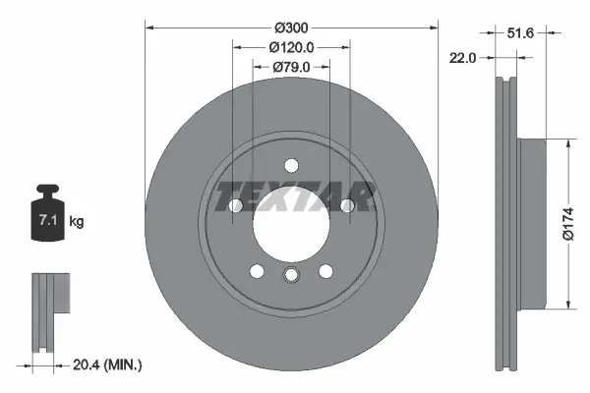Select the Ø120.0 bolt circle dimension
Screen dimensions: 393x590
tap(290, 46)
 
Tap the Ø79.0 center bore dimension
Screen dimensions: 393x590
tap(290, 67)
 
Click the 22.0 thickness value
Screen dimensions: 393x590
tap(462, 58)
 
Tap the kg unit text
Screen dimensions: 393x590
tap(76, 223)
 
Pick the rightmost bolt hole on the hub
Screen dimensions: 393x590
tap(346, 205)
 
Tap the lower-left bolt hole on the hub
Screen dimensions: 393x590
tap(256, 271)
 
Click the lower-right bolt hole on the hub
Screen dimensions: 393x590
tap(324, 271)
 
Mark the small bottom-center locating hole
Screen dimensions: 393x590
tap(290, 276)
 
